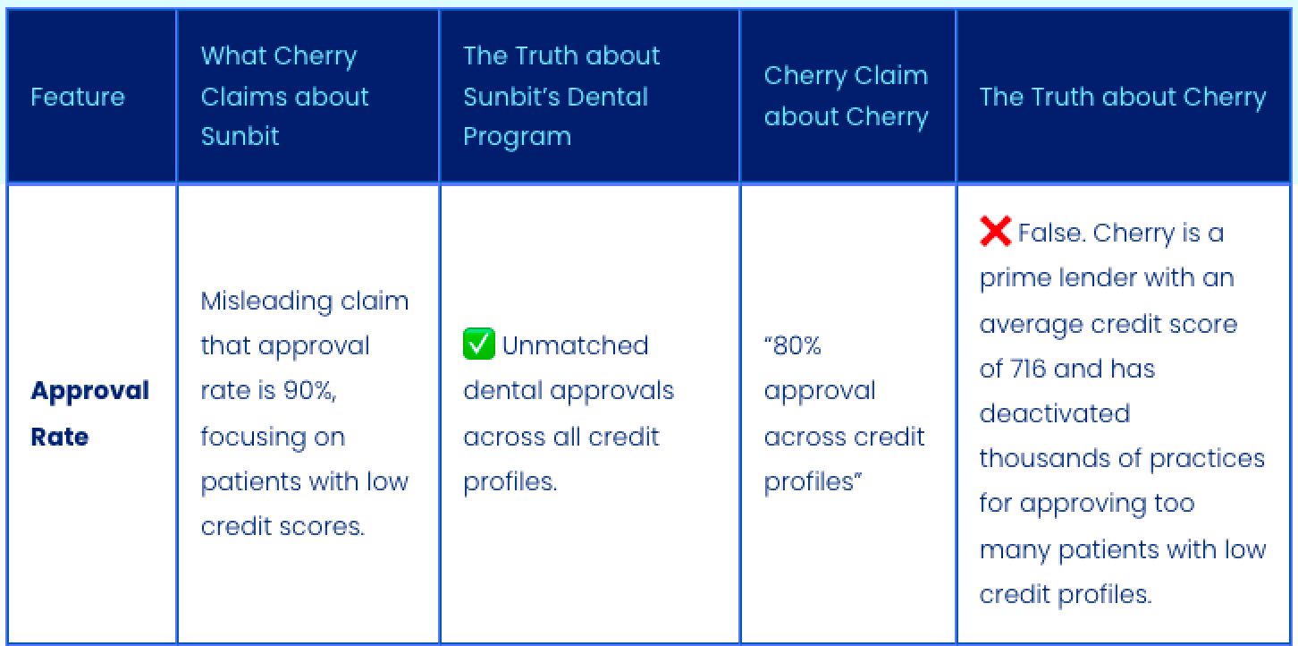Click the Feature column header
pos(78,97)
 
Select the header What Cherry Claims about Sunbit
pos(284,96)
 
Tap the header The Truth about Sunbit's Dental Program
pos(560,96)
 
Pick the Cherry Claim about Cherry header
pos(846,96)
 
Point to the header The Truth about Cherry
pos(1123,97)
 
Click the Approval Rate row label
pos(89,413)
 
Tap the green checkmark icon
pos(478,344)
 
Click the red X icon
pos(995,232)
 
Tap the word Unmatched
pos(575,345)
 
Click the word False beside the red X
pos(1049,233)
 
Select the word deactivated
pos(1055,413)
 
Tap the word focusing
pos(259,437)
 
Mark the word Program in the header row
pos(517,136)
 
